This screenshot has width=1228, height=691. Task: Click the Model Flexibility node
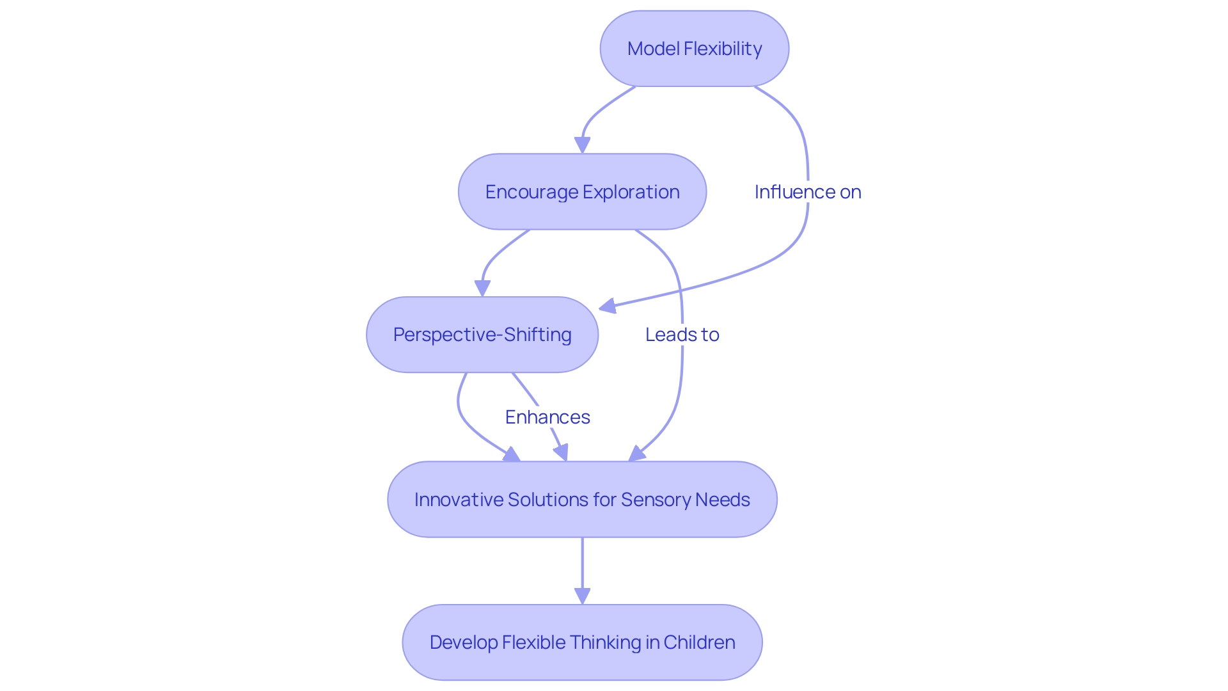[694, 49]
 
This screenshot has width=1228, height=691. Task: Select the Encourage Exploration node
[582, 191]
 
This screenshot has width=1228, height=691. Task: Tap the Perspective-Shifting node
[482, 335]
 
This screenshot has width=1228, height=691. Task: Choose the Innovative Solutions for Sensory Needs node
[582, 499]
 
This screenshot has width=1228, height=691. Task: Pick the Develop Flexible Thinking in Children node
[582, 642]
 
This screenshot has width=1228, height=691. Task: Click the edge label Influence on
[807, 192]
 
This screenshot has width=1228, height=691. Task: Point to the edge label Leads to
[682, 335]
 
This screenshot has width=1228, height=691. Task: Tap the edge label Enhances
[547, 417]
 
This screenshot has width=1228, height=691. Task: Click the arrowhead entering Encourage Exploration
[582, 146]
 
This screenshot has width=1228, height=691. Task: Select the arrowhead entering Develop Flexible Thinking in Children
[582, 596]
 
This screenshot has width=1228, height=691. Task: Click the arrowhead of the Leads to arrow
[636, 454]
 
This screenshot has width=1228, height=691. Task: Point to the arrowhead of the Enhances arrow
[562, 453]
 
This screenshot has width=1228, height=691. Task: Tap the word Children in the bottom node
[699, 642]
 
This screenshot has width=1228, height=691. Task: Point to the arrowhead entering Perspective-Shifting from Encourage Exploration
[482, 289]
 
